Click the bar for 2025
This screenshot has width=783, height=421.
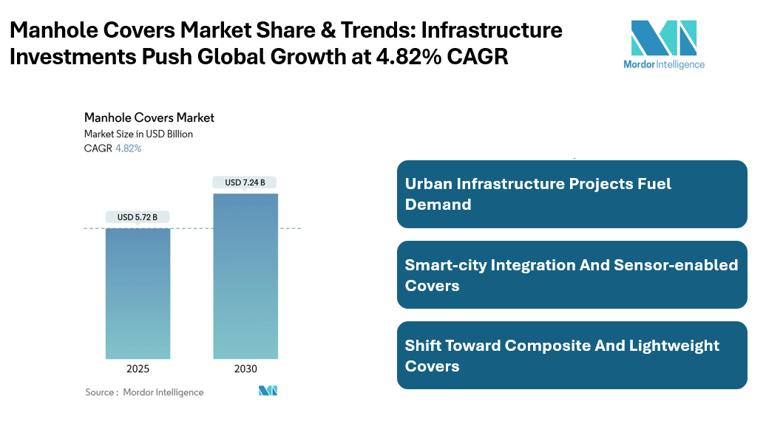pyautogui.click(x=138, y=293)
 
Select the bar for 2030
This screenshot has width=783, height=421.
pyautogui.click(x=245, y=276)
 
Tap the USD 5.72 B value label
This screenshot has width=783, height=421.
pyautogui.click(x=138, y=217)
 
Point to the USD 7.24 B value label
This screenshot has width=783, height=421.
pyautogui.click(x=245, y=182)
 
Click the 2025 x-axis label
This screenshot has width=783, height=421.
pyautogui.click(x=138, y=369)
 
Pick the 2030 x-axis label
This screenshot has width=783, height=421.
pyautogui.click(x=245, y=369)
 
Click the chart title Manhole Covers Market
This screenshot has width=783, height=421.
pyautogui.click(x=149, y=117)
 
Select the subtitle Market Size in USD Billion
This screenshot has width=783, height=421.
pyautogui.click(x=138, y=134)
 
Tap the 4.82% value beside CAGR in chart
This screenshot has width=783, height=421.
pyautogui.click(x=129, y=148)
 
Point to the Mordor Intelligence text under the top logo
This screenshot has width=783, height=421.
pyautogui.click(x=663, y=64)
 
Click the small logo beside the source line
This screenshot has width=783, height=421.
pyautogui.click(x=268, y=391)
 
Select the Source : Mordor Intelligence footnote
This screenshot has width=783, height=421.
pyautogui.click(x=144, y=392)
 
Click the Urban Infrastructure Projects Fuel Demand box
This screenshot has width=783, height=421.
pyautogui.click(x=572, y=194)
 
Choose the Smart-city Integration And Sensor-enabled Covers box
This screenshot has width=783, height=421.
pyautogui.click(x=572, y=275)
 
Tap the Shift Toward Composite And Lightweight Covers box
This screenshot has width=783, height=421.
pyautogui.click(x=572, y=355)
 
